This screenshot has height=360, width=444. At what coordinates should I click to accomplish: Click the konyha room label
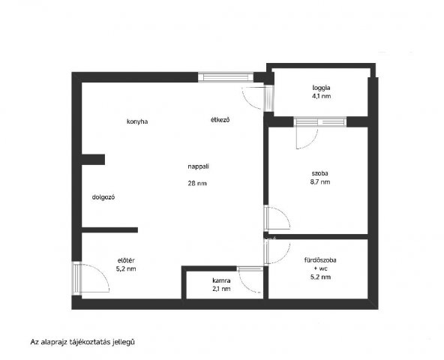(137, 121)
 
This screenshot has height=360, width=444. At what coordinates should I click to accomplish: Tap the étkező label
(220, 120)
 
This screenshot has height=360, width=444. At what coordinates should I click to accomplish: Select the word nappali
(199, 166)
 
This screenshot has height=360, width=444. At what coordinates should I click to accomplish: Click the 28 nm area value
(197, 183)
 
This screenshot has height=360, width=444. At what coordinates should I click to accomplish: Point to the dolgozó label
(103, 197)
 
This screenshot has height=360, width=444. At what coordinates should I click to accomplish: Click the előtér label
(126, 260)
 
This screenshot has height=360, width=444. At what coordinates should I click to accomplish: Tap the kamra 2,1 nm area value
(221, 289)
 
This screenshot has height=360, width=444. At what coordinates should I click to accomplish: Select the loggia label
(322, 88)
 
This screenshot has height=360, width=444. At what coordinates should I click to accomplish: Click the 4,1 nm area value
(322, 96)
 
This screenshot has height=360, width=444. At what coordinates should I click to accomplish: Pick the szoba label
(320, 173)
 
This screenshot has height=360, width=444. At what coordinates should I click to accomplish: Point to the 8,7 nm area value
(320, 181)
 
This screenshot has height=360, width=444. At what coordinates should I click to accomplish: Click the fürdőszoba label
(320, 260)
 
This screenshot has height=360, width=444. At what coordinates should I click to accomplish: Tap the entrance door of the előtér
(91, 278)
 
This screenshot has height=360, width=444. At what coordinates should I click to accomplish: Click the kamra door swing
(250, 280)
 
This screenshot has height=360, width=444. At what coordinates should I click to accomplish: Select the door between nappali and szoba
(277, 217)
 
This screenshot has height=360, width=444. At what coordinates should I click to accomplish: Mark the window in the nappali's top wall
(226, 77)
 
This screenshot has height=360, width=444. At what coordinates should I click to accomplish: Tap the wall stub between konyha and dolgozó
(93, 160)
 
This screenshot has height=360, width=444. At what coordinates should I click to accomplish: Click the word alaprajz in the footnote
(54, 342)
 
